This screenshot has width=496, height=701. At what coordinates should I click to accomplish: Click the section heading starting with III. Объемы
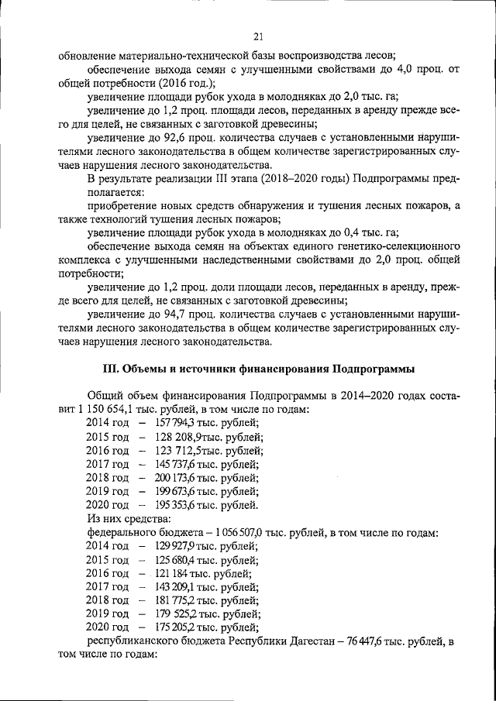pos(260,367)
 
